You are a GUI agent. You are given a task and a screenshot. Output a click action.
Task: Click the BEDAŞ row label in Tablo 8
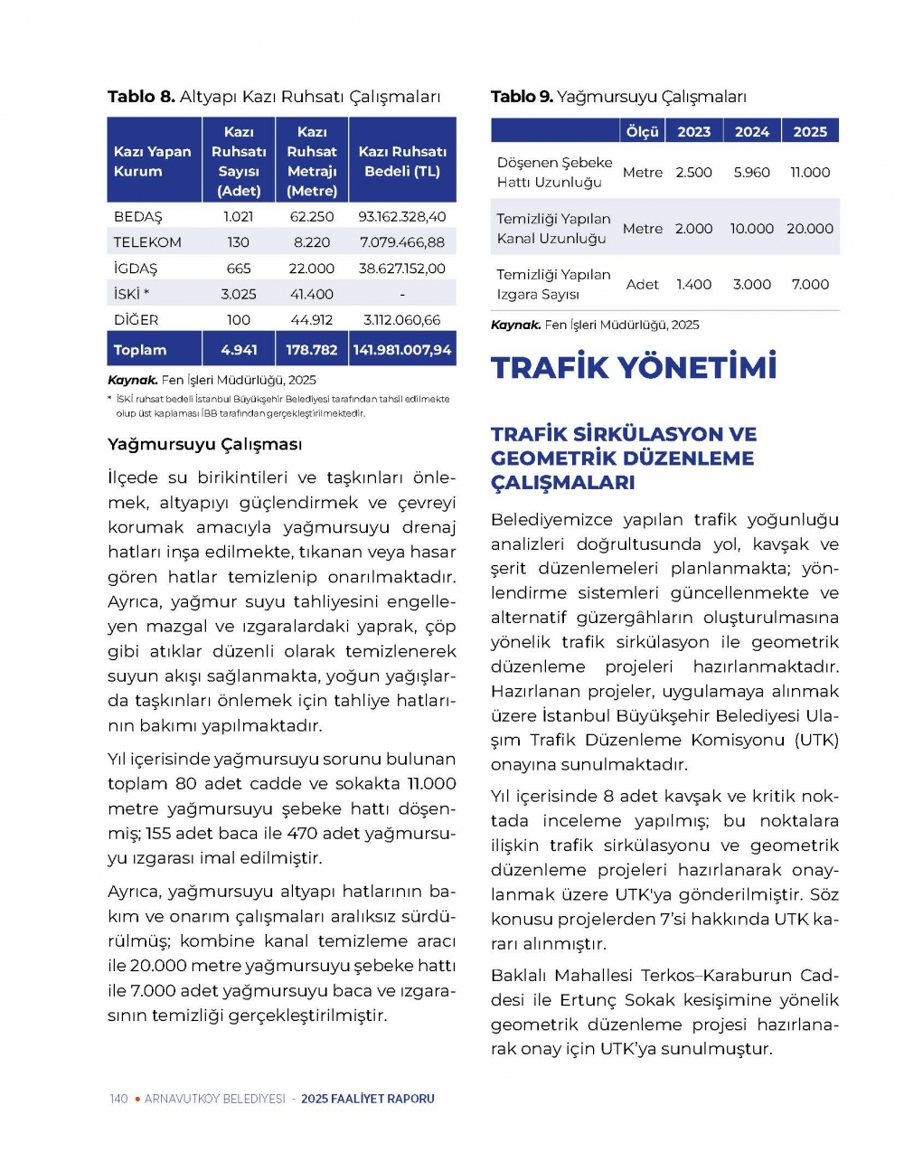click(137, 217)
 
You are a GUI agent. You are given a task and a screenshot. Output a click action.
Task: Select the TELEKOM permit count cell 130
click(239, 242)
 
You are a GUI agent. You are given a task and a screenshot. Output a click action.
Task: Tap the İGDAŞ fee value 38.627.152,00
click(402, 269)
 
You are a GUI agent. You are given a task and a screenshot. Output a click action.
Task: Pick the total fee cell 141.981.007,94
click(402, 350)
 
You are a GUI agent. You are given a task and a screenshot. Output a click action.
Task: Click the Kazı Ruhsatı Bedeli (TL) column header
click(402, 161)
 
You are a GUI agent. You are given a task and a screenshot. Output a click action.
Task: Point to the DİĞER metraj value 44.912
click(312, 320)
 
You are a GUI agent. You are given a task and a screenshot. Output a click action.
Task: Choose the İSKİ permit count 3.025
click(239, 294)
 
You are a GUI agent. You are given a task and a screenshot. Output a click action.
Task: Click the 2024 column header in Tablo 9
click(752, 132)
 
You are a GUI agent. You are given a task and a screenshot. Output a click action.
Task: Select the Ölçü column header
click(643, 132)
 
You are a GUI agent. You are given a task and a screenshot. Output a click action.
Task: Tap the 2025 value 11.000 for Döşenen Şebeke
click(810, 173)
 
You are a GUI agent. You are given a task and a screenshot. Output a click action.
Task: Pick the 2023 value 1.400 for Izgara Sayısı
click(694, 285)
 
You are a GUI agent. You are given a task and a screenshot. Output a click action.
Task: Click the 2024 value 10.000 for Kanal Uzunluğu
click(752, 229)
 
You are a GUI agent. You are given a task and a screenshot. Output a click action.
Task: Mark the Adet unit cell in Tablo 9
click(643, 285)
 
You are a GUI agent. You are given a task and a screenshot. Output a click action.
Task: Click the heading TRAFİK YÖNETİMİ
click(634, 367)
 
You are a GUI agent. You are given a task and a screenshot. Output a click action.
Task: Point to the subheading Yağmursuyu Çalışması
click(205, 445)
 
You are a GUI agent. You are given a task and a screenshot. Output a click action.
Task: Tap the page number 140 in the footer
click(118, 1099)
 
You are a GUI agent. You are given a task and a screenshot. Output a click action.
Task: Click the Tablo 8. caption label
click(141, 97)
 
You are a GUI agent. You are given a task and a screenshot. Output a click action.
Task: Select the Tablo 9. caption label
click(522, 97)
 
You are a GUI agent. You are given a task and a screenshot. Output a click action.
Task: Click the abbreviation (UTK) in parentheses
click(816, 741)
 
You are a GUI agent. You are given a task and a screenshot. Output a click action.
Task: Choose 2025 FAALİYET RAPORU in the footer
click(368, 1099)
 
